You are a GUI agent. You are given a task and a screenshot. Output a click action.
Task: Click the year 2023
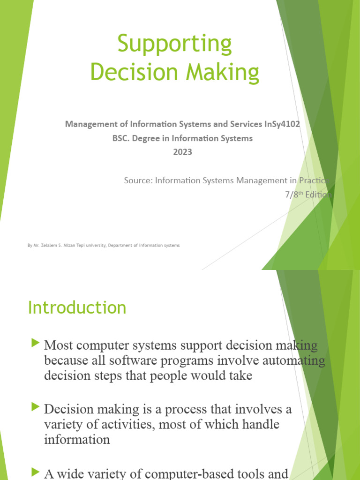click(182, 152)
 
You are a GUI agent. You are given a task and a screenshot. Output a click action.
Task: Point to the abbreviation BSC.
click(120, 138)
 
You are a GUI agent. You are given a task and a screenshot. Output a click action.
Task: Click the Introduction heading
click(77, 308)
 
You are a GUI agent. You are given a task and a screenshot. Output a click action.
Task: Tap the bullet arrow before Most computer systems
click(35, 344)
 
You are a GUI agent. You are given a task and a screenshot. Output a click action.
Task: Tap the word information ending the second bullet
click(77, 440)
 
